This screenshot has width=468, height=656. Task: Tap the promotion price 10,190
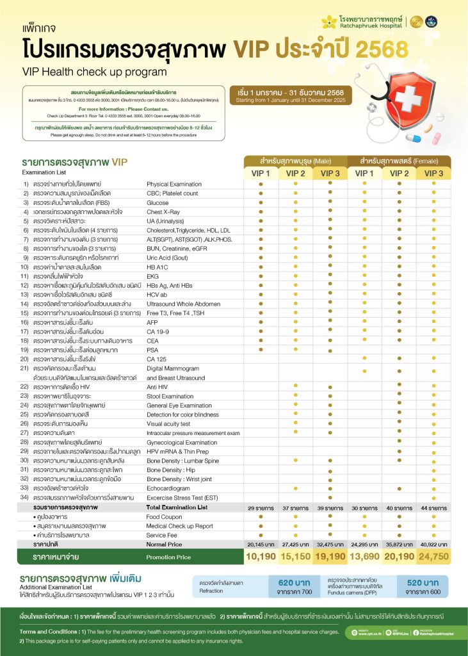coord(261,556)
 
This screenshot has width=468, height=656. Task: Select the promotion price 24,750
coord(433,556)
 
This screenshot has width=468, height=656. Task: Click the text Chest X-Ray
coord(164,211)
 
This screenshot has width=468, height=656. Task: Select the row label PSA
coord(152,350)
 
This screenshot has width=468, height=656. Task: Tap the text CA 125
coord(157,359)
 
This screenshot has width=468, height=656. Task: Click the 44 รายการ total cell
coord(433,507)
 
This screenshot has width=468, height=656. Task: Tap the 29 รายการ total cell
coord(261,507)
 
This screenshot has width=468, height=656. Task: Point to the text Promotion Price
coord(168,557)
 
